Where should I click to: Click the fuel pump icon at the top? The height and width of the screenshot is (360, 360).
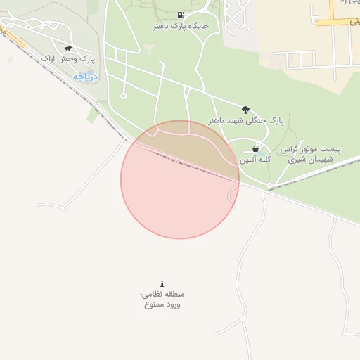[181, 15]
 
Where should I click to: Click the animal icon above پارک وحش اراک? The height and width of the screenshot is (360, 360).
[67, 49]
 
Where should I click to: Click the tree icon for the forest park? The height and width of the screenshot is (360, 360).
[245, 110]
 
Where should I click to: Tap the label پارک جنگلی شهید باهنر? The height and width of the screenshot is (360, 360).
[245, 121]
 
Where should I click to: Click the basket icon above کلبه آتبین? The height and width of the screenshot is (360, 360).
[255, 148]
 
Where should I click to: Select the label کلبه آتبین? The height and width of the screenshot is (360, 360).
[255, 160]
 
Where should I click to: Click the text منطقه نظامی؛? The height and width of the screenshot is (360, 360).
[164, 294]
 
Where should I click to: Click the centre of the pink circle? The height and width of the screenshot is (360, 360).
[180, 179]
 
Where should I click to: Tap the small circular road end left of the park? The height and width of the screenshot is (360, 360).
[124, 96]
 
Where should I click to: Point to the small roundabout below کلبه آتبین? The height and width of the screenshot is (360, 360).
[269, 186]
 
